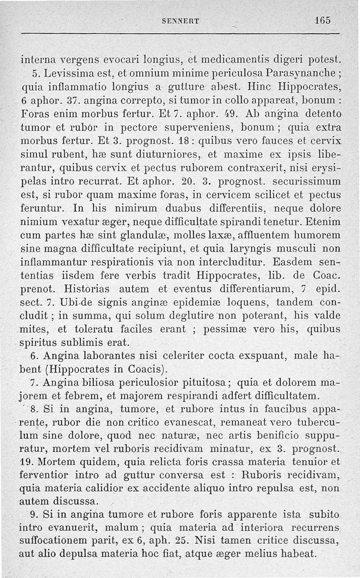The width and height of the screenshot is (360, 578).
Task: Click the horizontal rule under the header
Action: tap(180, 33)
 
